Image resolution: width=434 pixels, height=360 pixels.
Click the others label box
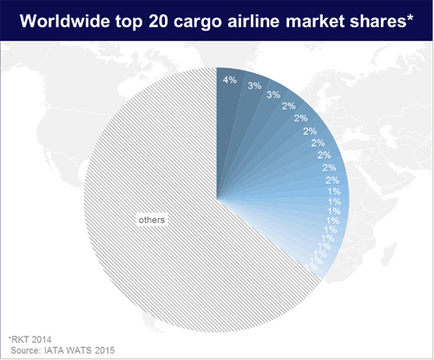point(152,219)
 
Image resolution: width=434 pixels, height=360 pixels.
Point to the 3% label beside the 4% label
point(255,87)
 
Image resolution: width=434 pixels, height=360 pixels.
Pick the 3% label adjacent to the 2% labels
point(273,95)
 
